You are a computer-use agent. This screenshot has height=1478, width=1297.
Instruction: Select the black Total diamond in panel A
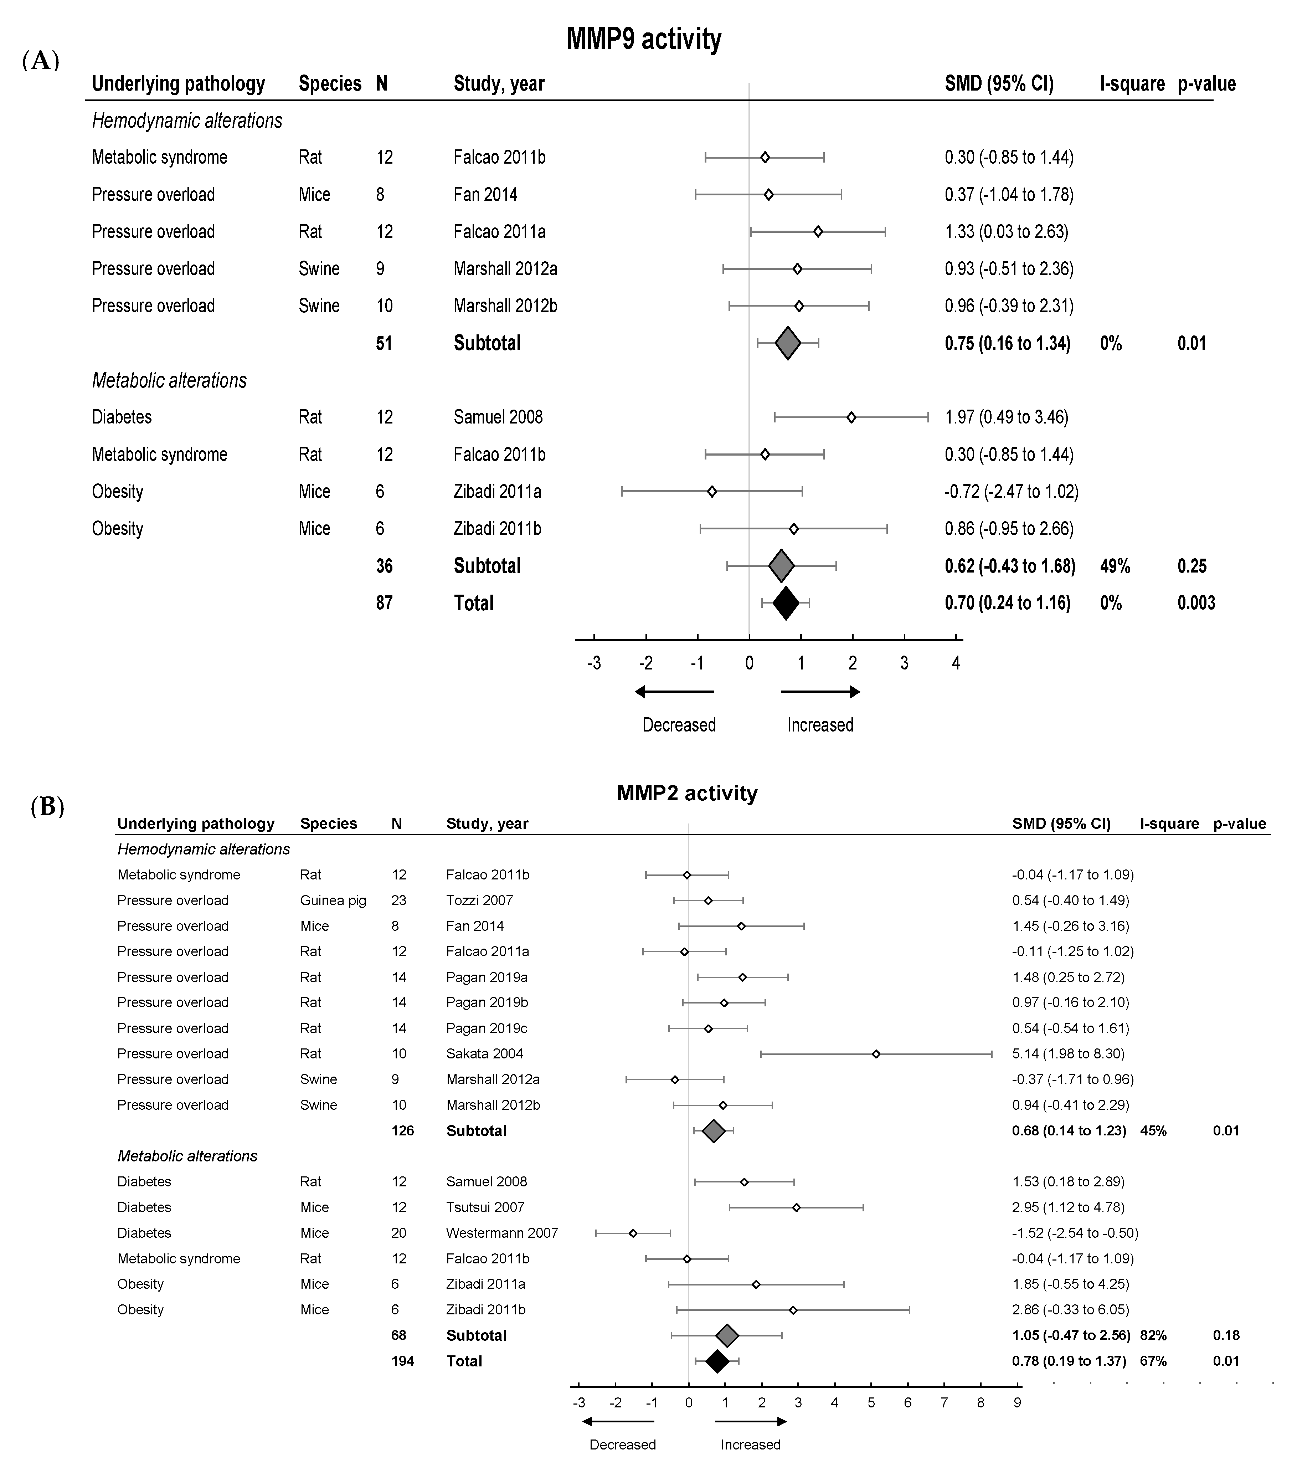point(786,603)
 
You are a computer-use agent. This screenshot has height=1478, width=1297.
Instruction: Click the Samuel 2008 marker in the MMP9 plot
point(851,417)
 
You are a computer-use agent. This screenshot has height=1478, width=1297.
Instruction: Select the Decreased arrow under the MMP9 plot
point(675,692)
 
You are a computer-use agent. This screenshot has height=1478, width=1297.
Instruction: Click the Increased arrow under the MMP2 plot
point(751,1422)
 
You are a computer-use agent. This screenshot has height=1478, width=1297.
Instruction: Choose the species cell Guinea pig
point(333,900)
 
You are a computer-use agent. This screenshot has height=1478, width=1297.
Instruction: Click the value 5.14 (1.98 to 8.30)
point(1068,1053)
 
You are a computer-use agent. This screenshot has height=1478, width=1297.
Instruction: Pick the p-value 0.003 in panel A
point(1196,603)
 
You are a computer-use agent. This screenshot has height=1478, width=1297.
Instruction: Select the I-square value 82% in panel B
point(1153,1335)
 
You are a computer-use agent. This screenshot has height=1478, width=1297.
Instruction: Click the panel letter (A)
point(41,61)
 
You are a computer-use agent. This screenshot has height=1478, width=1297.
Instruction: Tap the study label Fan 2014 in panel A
point(485,195)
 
